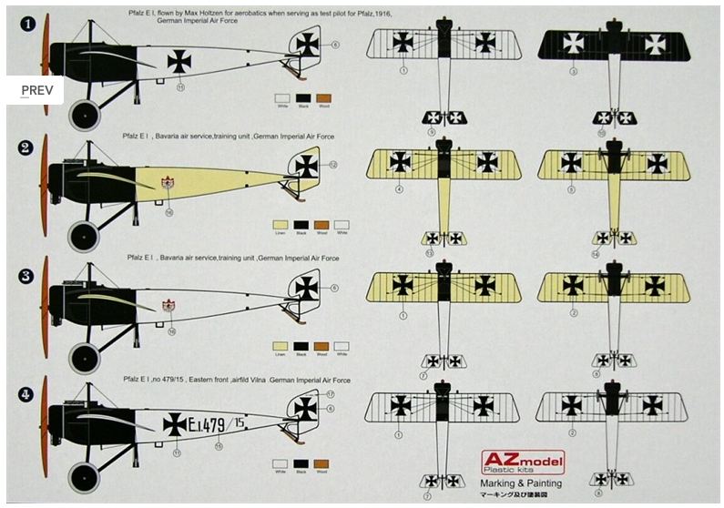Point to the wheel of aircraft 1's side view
pos(84,114)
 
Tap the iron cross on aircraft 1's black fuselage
pos(179,60)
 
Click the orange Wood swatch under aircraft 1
pos(324,99)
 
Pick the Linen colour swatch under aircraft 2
pos(280,224)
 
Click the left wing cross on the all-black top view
pos(573,42)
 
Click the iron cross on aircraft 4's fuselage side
pos(174,422)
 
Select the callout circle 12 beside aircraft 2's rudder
pos(333,165)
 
